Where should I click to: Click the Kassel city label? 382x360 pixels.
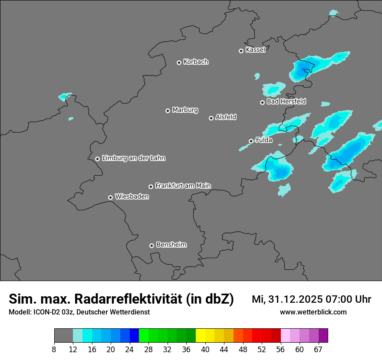point(255,50)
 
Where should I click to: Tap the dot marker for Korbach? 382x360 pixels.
point(179,62)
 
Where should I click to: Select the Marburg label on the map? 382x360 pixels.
point(185,110)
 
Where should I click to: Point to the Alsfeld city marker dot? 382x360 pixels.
point(211,118)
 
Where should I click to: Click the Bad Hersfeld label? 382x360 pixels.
point(286,101)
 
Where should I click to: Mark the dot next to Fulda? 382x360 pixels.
point(251,141)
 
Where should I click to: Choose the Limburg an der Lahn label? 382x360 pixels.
point(133,158)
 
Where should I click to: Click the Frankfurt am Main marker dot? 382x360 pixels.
point(151,187)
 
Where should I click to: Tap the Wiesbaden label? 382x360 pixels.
point(132,197)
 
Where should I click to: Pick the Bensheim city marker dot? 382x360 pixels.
point(151,245)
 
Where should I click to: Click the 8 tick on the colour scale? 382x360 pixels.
point(54,349)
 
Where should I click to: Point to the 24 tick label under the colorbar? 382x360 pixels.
point(129,349)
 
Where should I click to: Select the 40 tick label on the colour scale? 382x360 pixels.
point(205,349)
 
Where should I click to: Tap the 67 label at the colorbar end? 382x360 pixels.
point(318,349)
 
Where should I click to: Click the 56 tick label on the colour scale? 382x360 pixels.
point(280,349)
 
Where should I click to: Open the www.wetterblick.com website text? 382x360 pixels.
point(313,312)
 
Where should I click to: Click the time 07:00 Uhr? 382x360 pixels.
point(349,299)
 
